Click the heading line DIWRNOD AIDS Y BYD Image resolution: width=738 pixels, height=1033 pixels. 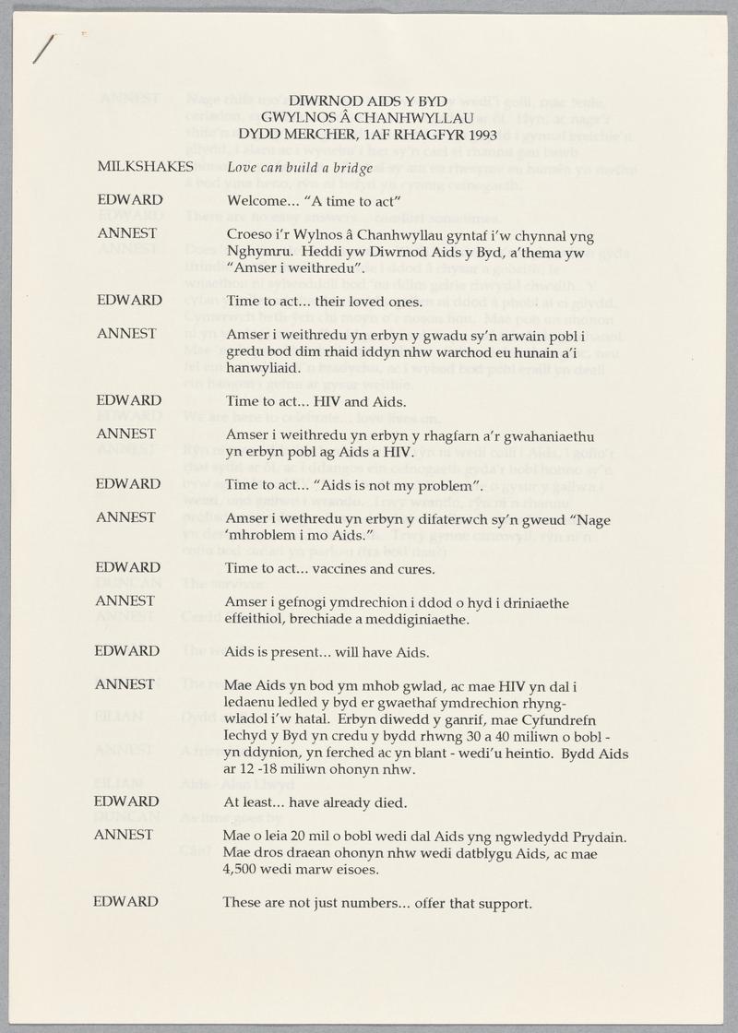[x=368, y=101]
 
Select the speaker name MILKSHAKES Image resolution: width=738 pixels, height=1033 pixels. [x=145, y=167]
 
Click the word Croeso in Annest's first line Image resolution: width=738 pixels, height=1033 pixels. [x=248, y=234]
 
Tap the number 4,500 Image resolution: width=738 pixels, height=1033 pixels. [x=244, y=869]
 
